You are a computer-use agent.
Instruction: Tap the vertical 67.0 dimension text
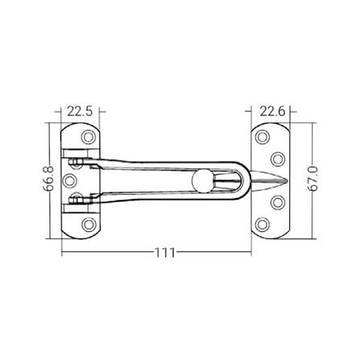pyautogui.click(x=312, y=180)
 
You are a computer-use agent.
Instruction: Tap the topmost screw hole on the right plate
pyautogui.click(x=262, y=135)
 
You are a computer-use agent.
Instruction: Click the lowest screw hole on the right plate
pyautogui.click(x=262, y=222)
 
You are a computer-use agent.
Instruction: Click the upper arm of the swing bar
pyautogui.click(x=153, y=163)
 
